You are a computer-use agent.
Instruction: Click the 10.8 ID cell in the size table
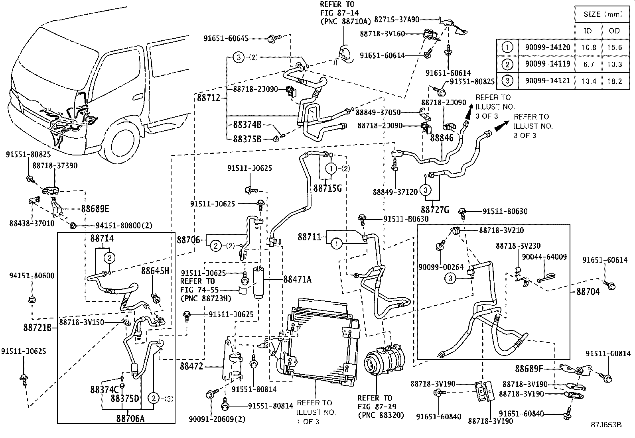[589, 47]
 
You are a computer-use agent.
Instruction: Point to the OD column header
[614, 30]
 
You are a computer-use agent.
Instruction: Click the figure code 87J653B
[606, 425]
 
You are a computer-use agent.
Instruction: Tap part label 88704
[588, 292]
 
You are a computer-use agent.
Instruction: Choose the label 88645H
[156, 271]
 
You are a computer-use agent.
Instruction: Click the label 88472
[191, 365]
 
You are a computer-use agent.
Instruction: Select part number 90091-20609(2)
[217, 419]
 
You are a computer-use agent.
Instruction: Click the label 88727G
[435, 210]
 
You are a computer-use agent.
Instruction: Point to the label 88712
[208, 98]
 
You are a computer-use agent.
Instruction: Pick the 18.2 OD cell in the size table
[614, 81]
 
